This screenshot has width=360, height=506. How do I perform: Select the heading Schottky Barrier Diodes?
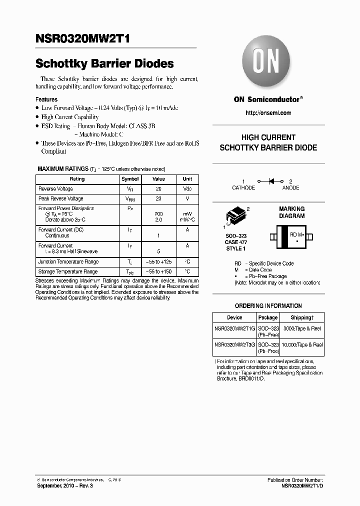click(x=104, y=63)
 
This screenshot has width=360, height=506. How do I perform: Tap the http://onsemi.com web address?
click(x=268, y=113)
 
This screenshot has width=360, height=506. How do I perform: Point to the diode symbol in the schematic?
click(x=273, y=181)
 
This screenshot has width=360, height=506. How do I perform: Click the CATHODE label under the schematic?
click(x=243, y=188)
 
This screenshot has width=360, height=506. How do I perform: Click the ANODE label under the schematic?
click(x=290, y=188)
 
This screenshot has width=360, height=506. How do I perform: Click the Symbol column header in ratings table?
click(x=130, y=179)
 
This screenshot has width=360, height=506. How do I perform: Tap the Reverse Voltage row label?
click(x=55, y=189)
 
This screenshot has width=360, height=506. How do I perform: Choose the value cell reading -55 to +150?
click(x=158, y=272)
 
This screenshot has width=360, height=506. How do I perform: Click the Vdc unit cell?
click(x=187, y=189)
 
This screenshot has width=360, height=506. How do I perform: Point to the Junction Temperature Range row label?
click(x=68, y=262)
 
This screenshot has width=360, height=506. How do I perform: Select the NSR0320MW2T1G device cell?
click(x=234, y=328)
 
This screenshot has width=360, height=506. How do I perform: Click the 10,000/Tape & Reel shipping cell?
click(x=302, y=345)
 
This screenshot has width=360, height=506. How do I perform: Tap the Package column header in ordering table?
click(x=268, y=317)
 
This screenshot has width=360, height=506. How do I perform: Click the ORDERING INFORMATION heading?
click(x=268, y=306)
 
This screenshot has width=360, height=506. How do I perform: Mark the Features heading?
click(x=46, y=99)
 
